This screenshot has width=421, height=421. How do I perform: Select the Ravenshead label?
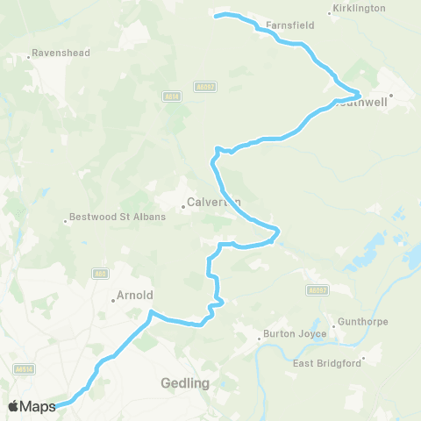[x=61, y=53]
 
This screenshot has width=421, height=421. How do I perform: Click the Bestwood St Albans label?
[x=117, y=217]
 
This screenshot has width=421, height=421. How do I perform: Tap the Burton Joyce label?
[x=296, y=334]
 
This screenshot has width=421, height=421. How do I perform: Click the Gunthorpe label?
[x=361, y=322]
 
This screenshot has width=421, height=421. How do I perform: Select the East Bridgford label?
[x=328, y=363]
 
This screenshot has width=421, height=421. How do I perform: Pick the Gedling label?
[x=185, y=383]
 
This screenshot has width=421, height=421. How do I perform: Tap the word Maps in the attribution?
[x=39, y=406]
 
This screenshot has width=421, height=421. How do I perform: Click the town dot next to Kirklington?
[x=330, y=13]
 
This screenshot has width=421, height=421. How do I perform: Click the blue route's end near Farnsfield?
[x=218, y=15]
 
